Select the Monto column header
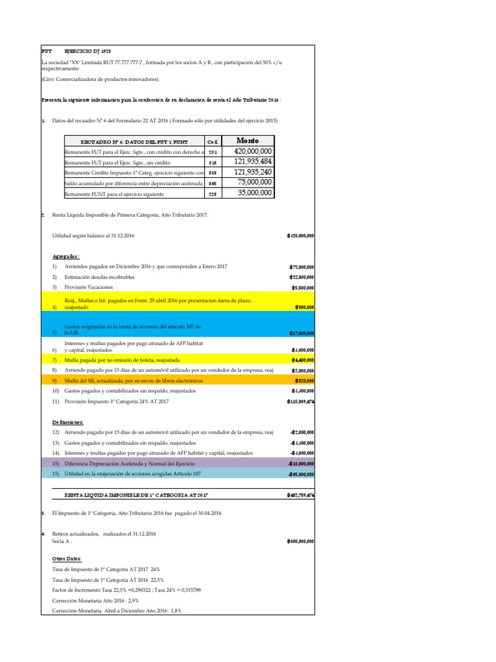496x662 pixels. (x=247, y=140)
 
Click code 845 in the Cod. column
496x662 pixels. (x=212, y=183)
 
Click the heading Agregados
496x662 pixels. (x=67, y=256)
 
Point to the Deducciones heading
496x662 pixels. (x=69, y=422)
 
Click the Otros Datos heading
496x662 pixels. (x=67, y=558)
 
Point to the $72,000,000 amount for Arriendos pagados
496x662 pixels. (x=302, y=267)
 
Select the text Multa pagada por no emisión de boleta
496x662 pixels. (x=122, y=359)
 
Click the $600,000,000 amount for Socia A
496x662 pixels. (x=300, y=542)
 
